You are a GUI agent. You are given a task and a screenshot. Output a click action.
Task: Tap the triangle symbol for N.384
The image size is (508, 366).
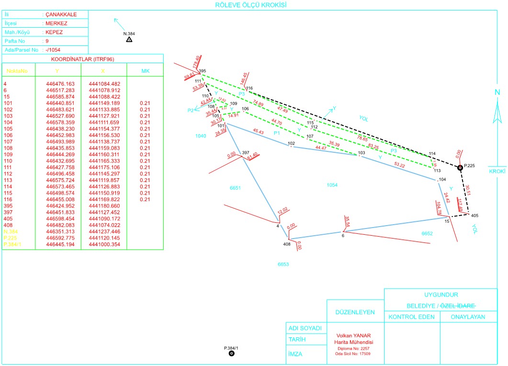[129, 39]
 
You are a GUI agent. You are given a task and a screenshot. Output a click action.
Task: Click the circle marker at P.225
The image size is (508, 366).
[460, 167]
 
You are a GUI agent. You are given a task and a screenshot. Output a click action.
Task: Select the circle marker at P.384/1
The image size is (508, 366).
[232, 354]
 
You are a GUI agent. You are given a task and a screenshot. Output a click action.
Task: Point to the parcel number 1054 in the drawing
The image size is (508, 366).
[332, 185]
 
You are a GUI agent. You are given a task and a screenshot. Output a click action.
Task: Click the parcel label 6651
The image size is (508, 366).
[235, 188]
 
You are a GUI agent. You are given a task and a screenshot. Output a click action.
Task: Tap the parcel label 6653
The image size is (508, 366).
[283, 264]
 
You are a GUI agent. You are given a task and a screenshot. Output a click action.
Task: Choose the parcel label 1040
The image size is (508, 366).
[201, 137]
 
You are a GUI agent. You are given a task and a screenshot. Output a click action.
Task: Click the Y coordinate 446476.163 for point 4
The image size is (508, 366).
[60, 83]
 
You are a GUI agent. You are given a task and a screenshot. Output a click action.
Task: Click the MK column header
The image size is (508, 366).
[145, 71]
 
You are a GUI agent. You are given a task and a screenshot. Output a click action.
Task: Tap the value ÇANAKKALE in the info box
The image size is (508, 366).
[60, 15]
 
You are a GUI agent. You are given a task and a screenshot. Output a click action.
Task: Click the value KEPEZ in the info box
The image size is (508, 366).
[54, 32]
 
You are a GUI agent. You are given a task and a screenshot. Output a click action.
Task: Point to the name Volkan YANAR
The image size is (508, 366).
[354, 336]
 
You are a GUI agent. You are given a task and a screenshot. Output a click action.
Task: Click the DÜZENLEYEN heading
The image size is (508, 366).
[355, 312]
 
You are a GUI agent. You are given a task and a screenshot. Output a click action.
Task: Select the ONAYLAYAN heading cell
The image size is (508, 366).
[468, 317]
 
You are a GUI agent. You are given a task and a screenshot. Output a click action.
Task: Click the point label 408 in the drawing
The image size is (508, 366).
[287, 244]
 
